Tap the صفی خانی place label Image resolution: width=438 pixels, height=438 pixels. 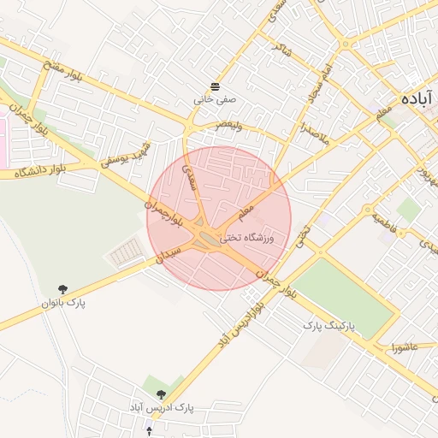pyautogui.click(x=214, y=99)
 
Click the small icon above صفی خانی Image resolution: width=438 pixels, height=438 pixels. pyautogui.click(x=214, y=86)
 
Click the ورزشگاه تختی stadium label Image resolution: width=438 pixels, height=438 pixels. pyautogui.click(x=247, y=237)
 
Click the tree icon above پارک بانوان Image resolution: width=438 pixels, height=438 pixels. pyautogui.click(x=62, y=290)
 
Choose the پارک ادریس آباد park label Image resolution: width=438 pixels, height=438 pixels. pyautogui.click(x=163, y=408)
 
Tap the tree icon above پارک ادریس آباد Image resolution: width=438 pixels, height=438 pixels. pyautogui.click(x=161, y=394)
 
